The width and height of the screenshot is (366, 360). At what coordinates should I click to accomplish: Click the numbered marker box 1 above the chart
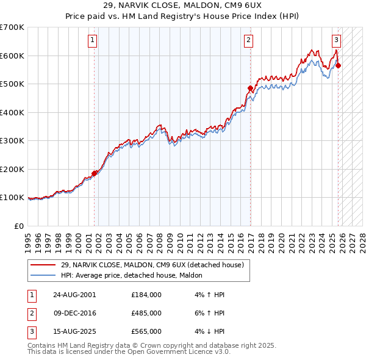pyautogui.click(x=92, y=41)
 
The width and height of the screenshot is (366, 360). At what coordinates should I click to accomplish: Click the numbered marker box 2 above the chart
pyautogui.click(x=249, y=41)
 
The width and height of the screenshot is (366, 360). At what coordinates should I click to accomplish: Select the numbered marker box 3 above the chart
pyautogui.click(x=336, y=41)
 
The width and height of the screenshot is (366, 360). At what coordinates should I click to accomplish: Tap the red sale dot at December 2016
pyautogui.click(x=250, y=88)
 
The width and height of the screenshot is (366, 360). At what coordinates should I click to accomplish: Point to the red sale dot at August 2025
pyautogui.click(x=339, y=66)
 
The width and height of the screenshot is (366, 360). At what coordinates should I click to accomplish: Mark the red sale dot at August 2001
pyautogui.click(x=95, y=173)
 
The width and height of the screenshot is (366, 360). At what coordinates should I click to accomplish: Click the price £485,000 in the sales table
pyautogui.click(x=146, y=313)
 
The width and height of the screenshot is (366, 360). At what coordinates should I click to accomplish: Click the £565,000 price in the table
pyautogui.click(x=146, y=331)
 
